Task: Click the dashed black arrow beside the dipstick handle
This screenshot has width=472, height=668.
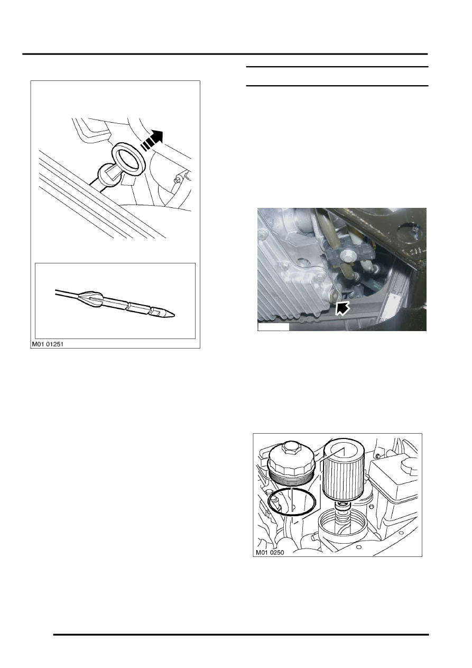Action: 152,140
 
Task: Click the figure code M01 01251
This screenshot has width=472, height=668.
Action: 48,344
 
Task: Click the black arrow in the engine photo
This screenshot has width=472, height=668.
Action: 342,308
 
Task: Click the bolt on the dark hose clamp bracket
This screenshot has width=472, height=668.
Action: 347,255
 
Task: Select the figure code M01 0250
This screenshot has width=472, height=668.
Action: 270,553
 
